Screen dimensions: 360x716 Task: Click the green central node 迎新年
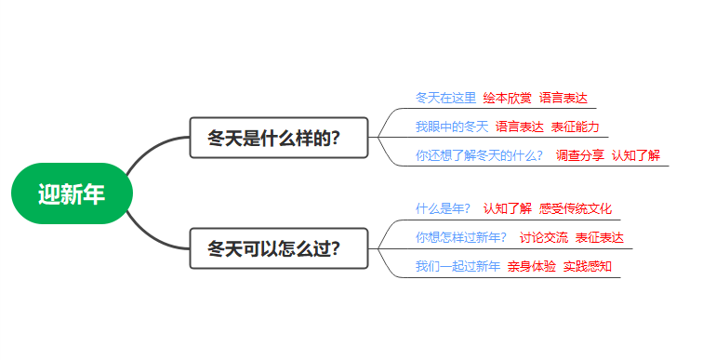point(72,193)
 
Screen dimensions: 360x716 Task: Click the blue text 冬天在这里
point(445,98)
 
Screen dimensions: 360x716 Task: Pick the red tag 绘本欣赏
point(507,98)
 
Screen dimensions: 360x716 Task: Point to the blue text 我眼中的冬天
point(451,127)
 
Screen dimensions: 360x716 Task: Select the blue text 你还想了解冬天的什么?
point(479,155)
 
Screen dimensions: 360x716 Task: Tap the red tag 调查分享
point(579,155)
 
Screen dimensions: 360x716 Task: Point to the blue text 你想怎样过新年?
point(460,237)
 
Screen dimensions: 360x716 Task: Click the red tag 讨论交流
point(543,237)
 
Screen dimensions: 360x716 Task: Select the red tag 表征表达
point(599,237)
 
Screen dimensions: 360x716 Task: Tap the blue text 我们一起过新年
point(457,267)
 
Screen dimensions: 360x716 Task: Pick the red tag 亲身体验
point(531,267)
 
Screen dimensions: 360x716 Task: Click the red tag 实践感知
point(587,267)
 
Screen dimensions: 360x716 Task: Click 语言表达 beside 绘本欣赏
point(563,98)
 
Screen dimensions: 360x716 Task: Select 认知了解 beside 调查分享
point(635,155)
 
